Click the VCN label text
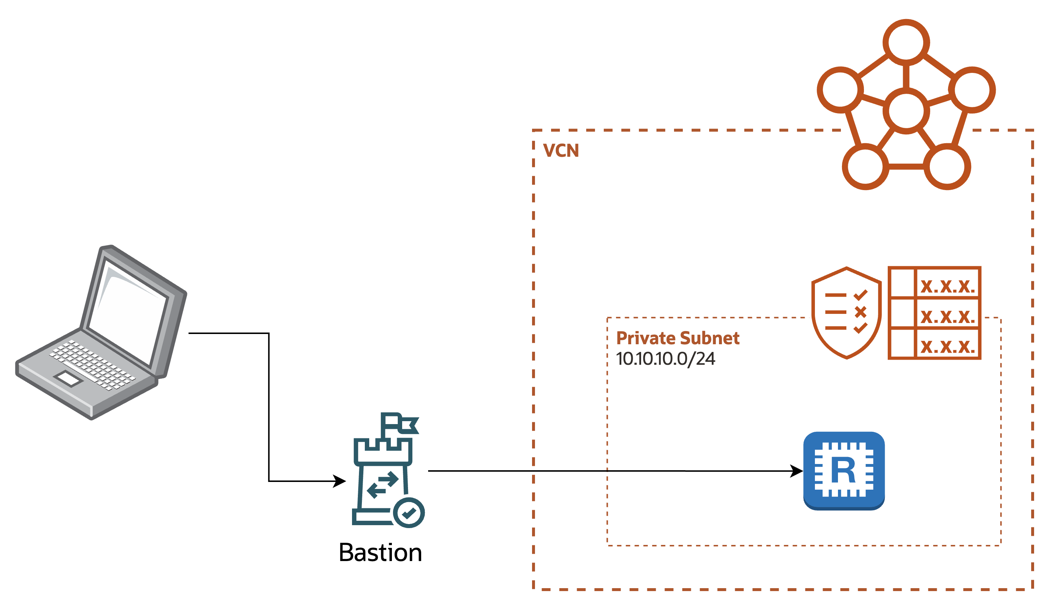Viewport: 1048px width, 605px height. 561,151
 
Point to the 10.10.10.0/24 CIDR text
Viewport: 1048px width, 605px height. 665,359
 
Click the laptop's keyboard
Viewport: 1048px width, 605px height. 92,365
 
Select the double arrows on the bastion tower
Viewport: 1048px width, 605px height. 383,485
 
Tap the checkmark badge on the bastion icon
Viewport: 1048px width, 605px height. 409,513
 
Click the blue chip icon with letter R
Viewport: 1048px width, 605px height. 844,470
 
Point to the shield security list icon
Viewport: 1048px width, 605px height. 846,312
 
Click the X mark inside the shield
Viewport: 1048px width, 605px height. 860,312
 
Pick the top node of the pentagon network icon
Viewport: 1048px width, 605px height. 906,42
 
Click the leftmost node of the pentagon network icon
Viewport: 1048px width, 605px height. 840,90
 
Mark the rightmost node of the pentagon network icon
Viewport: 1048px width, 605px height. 973,90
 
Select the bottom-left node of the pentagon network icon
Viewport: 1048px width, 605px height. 865,167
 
